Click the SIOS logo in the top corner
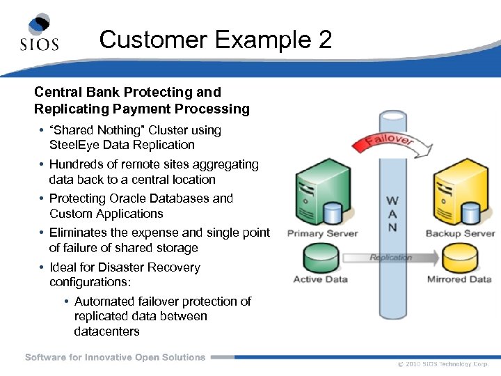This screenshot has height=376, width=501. [39, 33]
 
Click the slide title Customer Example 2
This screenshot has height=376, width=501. [216, 39]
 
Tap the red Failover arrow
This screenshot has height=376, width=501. [383, 143]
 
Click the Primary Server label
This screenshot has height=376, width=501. [322, 233]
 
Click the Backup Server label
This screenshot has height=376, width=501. [460, 233]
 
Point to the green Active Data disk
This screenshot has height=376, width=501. [321, 258]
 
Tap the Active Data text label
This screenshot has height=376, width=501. [321, 279]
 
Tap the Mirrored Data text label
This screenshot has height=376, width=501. [459, 279]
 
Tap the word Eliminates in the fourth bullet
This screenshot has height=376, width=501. [79, 233]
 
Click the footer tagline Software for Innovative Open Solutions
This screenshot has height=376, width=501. [115, 357]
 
